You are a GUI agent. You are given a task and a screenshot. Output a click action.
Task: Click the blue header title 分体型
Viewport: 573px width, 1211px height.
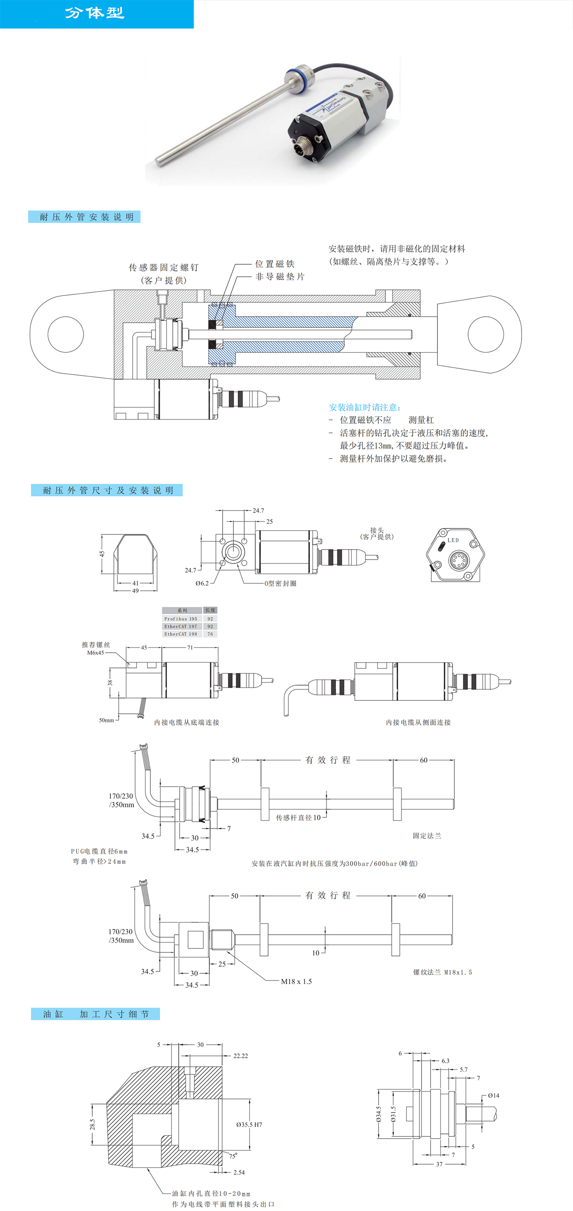tap(94, 13)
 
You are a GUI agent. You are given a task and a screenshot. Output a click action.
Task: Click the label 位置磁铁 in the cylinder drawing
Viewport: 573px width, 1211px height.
tap(275, 264)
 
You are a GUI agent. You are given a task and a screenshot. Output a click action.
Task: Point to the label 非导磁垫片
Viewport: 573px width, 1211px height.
tap(280, 276)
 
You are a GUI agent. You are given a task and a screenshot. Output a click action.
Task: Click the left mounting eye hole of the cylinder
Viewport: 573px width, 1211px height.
tap(66, 334)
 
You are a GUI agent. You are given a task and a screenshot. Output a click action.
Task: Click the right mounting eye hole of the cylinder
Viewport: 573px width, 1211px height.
tap(486, 334)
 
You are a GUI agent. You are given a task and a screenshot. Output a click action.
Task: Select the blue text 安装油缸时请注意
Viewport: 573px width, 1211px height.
tap(365, 407)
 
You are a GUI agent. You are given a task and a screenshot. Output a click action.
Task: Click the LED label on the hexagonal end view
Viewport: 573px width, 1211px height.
tap(453, 540)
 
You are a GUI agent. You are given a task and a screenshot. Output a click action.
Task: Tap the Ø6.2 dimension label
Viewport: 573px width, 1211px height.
tap(202, 583)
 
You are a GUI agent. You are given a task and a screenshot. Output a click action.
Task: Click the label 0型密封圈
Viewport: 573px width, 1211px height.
tap(280, 583)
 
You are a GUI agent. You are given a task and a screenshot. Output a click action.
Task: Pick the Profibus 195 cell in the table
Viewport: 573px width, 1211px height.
tap(181, 618)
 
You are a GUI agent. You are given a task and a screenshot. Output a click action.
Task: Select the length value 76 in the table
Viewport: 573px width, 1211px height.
tap(210, 634)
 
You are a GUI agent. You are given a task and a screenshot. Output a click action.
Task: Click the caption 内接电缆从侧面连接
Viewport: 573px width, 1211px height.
tap(418, 722)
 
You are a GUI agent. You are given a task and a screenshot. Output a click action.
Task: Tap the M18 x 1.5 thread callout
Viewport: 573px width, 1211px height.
tap(296, 981)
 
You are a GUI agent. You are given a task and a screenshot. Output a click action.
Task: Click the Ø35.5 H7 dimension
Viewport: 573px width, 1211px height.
tap(249, 1124)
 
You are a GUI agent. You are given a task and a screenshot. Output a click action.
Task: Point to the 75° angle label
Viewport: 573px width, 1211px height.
tap(233, 1156)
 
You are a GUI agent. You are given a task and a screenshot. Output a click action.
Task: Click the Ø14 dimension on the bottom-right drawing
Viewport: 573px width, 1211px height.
tap(493, 1095)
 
